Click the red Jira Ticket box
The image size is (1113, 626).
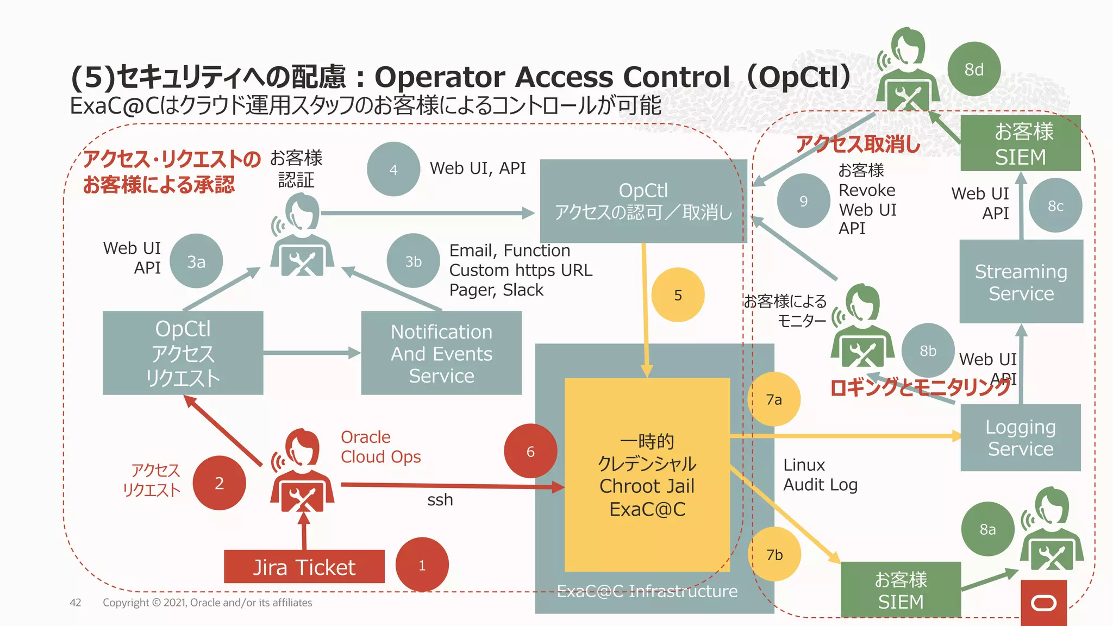pyautogui.click(x=304, y=567)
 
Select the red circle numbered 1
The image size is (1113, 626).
pyautogui.click(x=422, y=565)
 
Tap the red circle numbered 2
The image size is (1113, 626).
pyautogui.click(x=219, y=483)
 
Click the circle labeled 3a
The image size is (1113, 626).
pyautogui.click(x=196, y=261)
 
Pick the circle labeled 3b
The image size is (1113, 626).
pyautogui.click(x=413, y=261)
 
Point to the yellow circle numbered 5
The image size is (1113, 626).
pyautogui.click(x=678, y=295)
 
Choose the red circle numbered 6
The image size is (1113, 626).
pyautogui.click(x=530, y=451)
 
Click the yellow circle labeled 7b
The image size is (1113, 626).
pyautogui.click(x=774, y=554)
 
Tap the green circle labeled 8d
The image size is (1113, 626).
pyautogui.click(x=974, y=69)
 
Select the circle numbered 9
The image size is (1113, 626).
pyautogui.click(x=803, y=201)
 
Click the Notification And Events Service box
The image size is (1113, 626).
pyautogui.click(x=441, y=353)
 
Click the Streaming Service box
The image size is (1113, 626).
pyautogui.click(x=1021, y=281)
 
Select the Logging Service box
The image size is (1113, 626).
pyautogui.click(x=1020, y=437)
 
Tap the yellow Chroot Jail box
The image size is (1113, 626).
pyautogui.click(x=647, y=474)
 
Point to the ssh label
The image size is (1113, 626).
pyautogui.click(x=440, y=499)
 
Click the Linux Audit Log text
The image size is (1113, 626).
pyautogui.click(x=820, y=474)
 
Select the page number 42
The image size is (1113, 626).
pyautogui.click(x=76, y=602)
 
